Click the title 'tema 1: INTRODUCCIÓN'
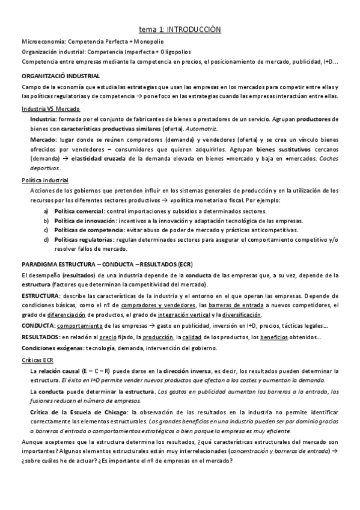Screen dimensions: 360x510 coord(180,29)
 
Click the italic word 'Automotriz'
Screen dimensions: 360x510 coord(202,129)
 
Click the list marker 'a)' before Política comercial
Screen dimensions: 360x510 coord(46,211)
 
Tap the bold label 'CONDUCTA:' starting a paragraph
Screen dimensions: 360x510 coord(38,327)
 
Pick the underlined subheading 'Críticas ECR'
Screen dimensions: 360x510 coord(37,360)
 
